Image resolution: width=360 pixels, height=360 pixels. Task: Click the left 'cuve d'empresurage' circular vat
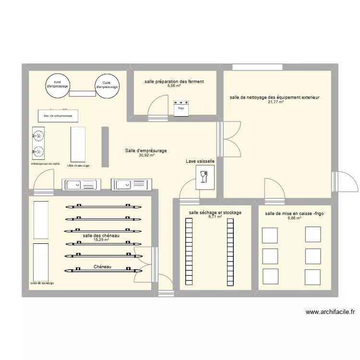tap(58, 86)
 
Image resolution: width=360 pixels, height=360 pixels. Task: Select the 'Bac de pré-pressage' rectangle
tap(58, 116)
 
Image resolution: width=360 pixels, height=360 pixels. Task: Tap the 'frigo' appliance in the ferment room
tap(181, 108)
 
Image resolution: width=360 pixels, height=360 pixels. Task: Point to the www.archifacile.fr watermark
tap(330, 312)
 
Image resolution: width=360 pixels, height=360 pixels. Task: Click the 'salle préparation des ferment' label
tap(174, 82)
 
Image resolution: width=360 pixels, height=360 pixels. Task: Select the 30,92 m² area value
tap(146, 156)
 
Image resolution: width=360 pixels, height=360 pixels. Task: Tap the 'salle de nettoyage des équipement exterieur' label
tap(275, 97)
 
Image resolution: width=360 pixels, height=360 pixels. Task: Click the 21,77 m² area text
tap(275, 102)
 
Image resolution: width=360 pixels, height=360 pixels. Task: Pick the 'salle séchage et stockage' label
tap(215, 212)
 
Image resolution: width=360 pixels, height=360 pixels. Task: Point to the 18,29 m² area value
tap(101, 240)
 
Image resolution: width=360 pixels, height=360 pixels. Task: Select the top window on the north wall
tap(249, 67)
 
